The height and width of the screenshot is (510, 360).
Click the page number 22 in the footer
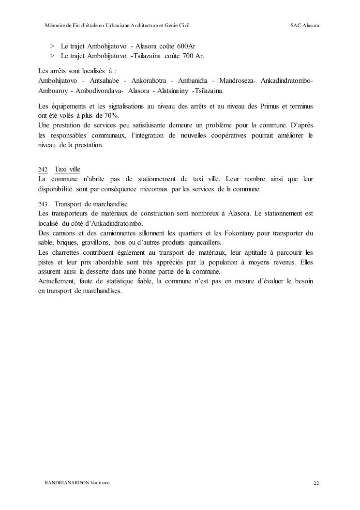[x=316, y=483]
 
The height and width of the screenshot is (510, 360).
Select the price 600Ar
[x=186, y=46]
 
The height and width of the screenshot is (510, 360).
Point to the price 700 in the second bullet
[x=189, y=56]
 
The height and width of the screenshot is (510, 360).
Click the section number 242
[x=43, y=170]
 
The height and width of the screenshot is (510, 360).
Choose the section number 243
[x=43, y=204]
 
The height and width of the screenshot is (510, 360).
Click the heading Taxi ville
[x=67, y=170]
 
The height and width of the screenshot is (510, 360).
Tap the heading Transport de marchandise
[x=91, y=204]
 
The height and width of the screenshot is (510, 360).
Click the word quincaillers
[x=204, y=242]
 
